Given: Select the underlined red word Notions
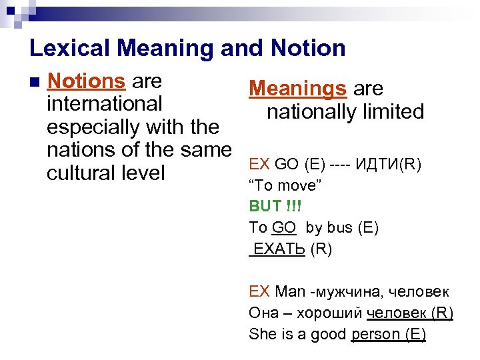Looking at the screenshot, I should point(87,81).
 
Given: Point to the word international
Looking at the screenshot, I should point(105,104).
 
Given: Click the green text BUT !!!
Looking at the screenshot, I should point(275,206).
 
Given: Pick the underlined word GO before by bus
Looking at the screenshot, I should point(284,227).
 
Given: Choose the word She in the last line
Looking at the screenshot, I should point(261,334).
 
